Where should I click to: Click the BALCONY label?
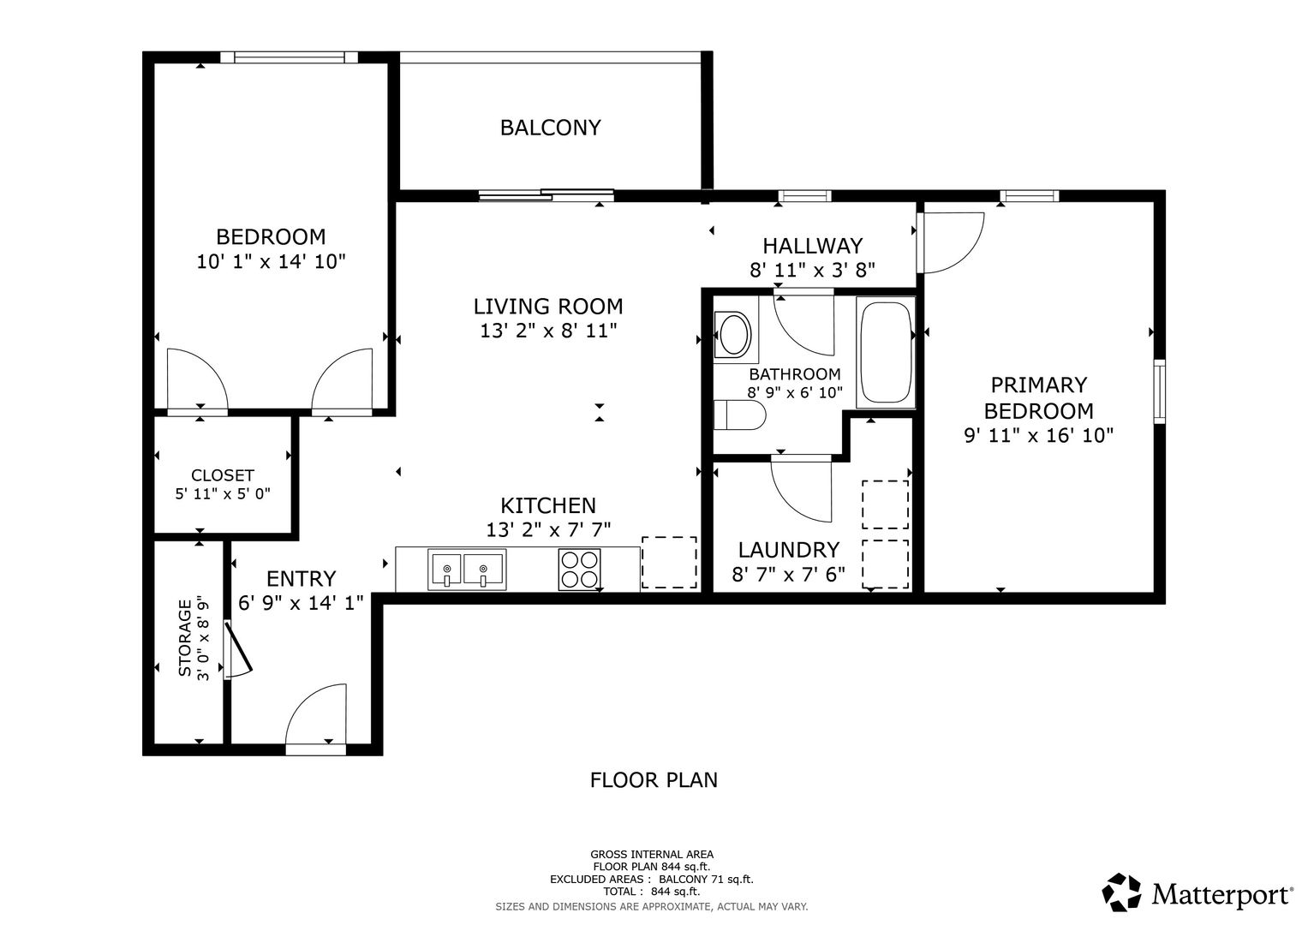click(550, 128)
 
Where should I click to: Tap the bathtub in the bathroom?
click(885, 352)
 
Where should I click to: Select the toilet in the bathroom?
click(739, 415)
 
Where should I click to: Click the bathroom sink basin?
click(735, 335)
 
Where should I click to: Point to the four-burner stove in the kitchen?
click(579, 570)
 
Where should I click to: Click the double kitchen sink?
click(467, 570)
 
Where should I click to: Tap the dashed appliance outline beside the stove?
click(669, 563)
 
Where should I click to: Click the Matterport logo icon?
click(1122, 892)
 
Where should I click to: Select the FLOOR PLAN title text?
click(654, 780)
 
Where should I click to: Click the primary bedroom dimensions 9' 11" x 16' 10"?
click(1039, 436)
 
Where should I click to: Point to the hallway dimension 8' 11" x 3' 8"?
click(812, 270)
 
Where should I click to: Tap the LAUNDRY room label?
click(789, 550)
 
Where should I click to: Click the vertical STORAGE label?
click(185, 638)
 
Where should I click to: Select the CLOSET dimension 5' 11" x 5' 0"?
click(223, 494)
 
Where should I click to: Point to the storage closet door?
click(238, 651)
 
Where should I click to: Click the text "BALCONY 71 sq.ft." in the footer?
click(706, 879)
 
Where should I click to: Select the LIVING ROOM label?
click(547, 307)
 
